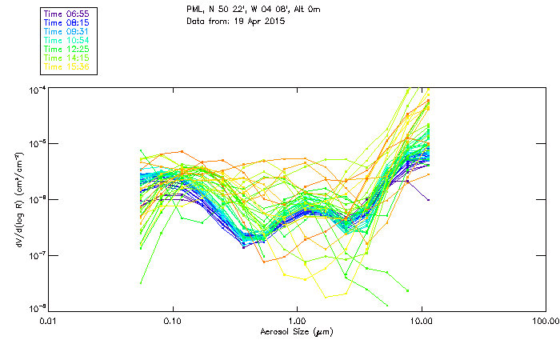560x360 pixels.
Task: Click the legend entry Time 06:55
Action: point(68,14)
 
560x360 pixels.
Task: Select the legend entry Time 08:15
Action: point(68,22)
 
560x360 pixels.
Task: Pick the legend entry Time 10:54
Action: point(68,40)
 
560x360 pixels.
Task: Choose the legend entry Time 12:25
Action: point(68,49)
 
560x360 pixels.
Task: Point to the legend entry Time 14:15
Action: point(68,58)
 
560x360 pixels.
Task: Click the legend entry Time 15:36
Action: point(68,66)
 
